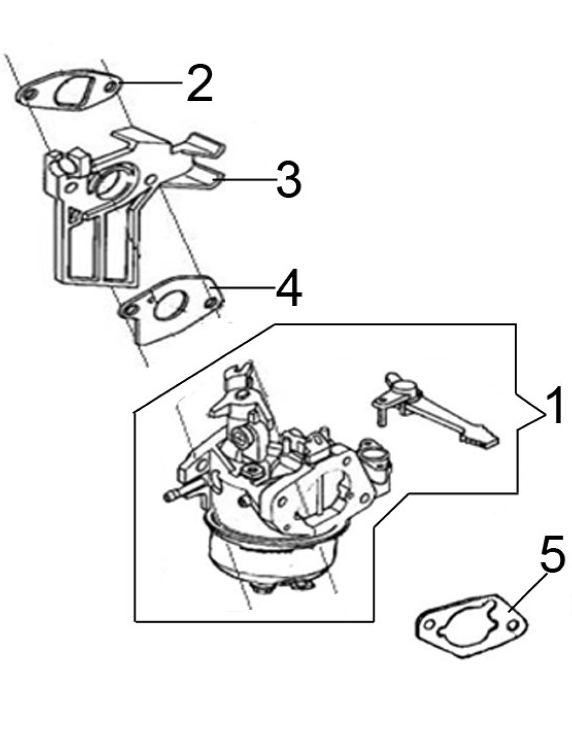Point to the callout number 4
coord(289,287)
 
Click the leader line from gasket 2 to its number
coord(151,83)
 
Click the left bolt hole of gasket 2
coord(29,94)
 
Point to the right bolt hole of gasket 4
coord(212,302)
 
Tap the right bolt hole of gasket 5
coord(512,626)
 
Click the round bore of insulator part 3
coord(110,182)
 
